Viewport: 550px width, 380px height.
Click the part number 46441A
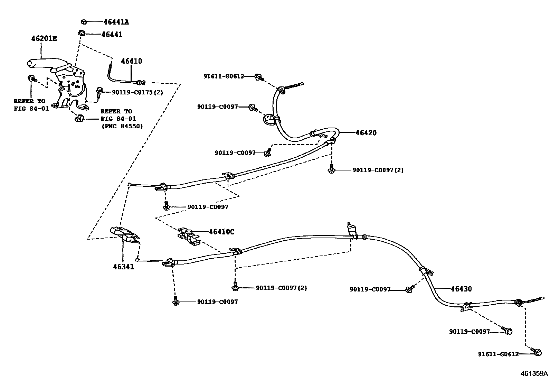coord(116,22)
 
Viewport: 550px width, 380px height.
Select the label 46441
coord(112,35)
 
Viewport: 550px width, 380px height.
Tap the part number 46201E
coord(44,39)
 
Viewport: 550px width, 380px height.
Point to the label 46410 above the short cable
coord(131,61)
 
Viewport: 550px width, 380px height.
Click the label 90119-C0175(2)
coord(137,92)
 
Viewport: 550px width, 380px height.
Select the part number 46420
coord(366,133)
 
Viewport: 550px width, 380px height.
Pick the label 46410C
coord(221,232)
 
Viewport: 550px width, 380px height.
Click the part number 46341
coord(123,267)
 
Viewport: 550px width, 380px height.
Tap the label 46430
coord(461,289)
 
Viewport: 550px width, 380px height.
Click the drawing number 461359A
coord(534,373)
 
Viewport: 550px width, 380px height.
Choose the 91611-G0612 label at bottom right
coord(498,354)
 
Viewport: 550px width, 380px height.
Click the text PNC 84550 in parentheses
coord(122,126)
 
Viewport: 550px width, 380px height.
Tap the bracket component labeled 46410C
coord(188,236)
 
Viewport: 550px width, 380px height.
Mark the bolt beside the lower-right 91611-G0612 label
coord(537,352)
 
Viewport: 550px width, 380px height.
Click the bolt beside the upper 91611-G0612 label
coord(258,77)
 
